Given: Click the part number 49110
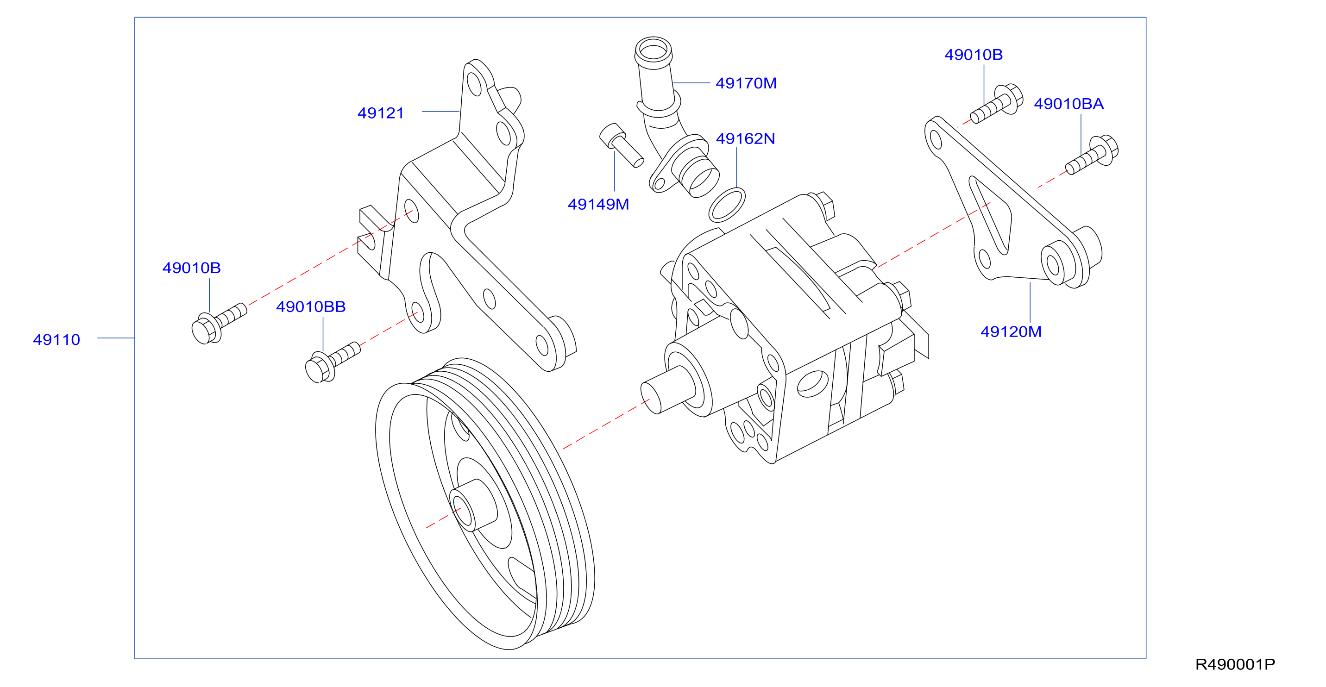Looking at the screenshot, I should click(57, 340).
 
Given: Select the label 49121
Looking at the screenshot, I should click(381, 113).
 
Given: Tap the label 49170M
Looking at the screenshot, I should click(746, 83).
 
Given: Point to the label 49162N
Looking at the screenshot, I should click(745, 139).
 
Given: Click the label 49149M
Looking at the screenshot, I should click(598, 204).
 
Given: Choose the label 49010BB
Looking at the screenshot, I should click(310, 307).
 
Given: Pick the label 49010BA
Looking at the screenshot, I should click(1068, 104).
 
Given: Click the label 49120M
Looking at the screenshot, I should click(1011, 332).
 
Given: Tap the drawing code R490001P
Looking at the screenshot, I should click(1234, 664).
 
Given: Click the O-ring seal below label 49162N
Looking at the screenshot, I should click(726, 204).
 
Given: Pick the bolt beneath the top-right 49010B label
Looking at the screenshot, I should click(996, 105).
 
